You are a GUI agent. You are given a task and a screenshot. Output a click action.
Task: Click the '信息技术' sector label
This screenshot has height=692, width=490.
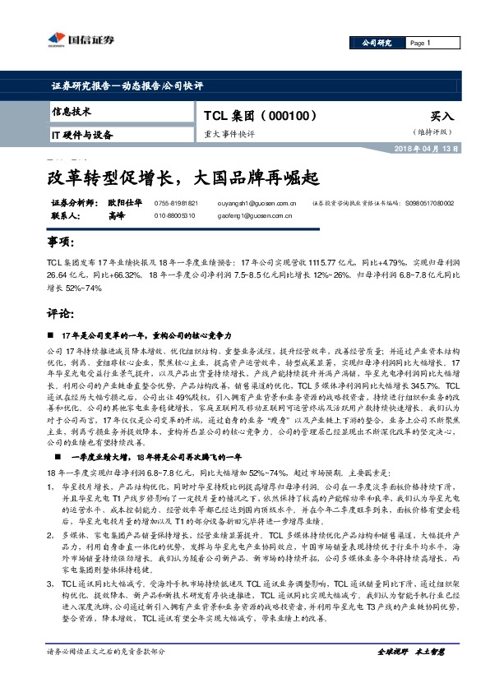(x=72, y=111)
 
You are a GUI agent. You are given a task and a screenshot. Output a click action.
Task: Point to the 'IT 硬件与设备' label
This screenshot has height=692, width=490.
(x=82, y=135)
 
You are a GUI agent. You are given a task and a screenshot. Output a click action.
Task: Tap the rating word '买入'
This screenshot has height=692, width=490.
(x=441, y=118)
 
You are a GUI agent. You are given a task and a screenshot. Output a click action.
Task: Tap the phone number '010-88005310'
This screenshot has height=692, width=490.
(x=175, y=215)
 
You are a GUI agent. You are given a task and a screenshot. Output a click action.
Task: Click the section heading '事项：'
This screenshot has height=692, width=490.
(x=61, y=243)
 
